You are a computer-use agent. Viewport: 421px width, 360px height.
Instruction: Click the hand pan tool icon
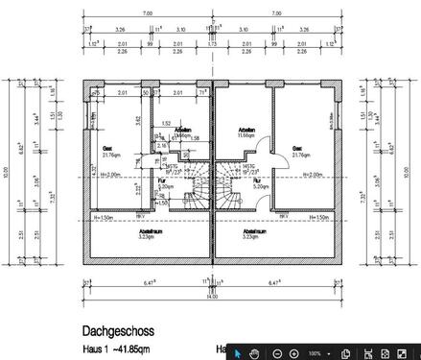[x=254, y=352]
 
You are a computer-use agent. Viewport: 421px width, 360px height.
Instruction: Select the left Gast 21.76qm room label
[x=108, y=151]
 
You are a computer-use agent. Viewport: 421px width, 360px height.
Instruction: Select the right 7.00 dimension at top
[x=276, y=13]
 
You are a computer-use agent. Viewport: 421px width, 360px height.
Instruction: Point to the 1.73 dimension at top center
[x=211, y=43]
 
